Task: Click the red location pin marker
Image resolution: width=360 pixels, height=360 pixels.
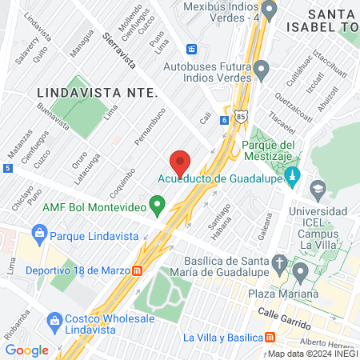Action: pyautogui.click(x=180, y=162)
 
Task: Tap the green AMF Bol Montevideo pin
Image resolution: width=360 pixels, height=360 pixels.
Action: pyautogui.click(x=158, y=206)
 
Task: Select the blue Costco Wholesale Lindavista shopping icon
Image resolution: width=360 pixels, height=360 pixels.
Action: pyautogui.click(x=54, y=322)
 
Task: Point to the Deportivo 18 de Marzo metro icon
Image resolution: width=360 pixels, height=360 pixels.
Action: pyautogui.click(x=138, y=270)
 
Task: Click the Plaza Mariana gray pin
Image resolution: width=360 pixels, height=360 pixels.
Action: pyautogui.click(x=301, y=273)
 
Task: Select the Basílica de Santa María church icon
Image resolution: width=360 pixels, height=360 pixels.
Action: pyautogui.click(x=279, y=262)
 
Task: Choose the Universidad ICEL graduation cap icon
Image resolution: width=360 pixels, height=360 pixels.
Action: pyautogui.click(x=318, y=190)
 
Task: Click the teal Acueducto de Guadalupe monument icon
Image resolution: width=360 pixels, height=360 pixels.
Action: pyautogui.click(x=292, y=174)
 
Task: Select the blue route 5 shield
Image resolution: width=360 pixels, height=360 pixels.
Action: pyautogui.click(x=7, y=168)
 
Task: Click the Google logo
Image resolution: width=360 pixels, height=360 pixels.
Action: pyautogui.click(x=26, y=350)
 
